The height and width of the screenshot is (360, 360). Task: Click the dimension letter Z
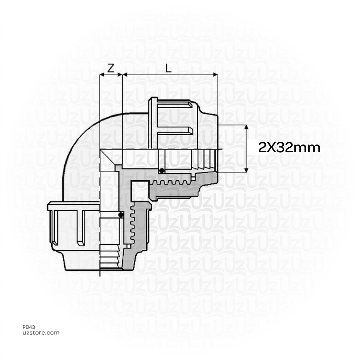tap(111, 69)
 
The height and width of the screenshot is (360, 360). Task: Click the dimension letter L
tap(169, 69)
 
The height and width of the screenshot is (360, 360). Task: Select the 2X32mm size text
tap(289, 148)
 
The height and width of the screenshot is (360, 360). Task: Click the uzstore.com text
tap(41, 333)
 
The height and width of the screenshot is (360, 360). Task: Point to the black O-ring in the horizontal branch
tap(161, 171)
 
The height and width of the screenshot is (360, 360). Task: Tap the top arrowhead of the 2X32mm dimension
tap(246, 127)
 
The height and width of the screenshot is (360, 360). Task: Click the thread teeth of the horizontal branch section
tap(172, 183)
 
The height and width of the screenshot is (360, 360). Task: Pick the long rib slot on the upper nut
tap(174, 131)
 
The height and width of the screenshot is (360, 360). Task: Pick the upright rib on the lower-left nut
tap(81, 229)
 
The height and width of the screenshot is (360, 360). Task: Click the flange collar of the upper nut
tap(153, 123)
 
